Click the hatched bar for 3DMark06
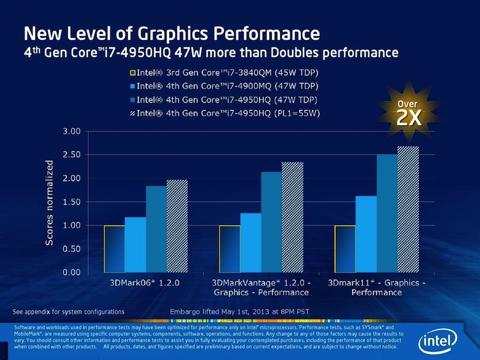coord(177,226)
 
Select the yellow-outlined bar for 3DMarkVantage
coord(230,248)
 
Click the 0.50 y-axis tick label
coord(71,249)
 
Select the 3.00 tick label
coord(71,131)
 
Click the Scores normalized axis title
coord(50,202)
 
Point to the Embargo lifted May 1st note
coord(230,312)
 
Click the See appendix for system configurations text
coord(68,312)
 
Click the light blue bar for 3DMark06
coord(136,245)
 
